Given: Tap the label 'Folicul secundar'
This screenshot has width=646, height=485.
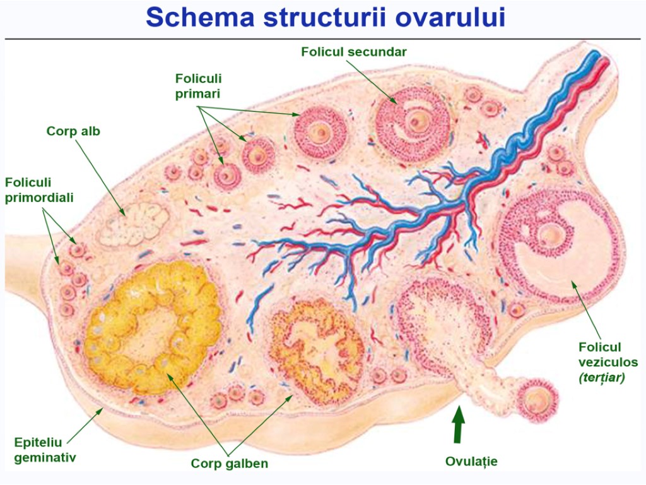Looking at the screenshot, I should click(353, 52).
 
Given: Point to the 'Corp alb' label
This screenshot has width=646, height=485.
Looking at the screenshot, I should click(73, 131).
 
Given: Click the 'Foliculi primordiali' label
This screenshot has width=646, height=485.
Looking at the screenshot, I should click(39, 189).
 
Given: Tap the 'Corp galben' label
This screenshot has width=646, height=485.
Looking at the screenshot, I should click(230, 464).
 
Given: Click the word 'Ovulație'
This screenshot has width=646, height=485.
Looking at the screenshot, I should click(471, 462).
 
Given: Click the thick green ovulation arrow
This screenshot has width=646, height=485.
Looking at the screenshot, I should click(459, 424).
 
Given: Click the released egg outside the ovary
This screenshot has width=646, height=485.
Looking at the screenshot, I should click(537, 400).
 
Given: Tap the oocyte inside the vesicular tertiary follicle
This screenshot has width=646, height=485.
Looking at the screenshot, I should click(552, 235).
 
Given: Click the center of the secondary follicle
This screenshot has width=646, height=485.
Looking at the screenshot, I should click(413, 121).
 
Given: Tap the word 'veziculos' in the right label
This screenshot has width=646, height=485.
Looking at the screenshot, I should click(608, 362).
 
